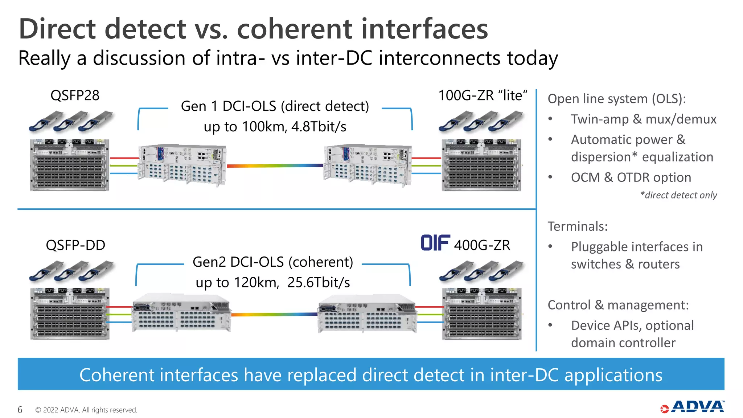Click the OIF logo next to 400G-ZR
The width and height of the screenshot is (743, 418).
pos(435,243)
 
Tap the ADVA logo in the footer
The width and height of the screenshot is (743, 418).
pos(693,407)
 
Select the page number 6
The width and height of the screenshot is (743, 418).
pos(20,410)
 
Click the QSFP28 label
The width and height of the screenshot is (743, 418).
pos(75,95)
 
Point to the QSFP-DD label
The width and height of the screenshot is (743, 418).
pos(75,245)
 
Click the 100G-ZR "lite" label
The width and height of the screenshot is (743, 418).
pos(483,95)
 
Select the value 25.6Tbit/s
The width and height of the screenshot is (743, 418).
pos(319,282)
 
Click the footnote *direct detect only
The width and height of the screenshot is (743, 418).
pos(678,195)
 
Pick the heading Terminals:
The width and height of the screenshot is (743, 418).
pos(578,226)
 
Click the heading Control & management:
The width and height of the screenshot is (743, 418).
pos(618,305)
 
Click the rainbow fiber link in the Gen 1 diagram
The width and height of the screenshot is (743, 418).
pos(275,166)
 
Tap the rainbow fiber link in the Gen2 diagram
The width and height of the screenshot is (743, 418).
pos(274,315)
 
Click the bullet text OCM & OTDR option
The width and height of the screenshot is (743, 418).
pos(631,177)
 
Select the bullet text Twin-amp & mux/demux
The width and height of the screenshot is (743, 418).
pos(644,119)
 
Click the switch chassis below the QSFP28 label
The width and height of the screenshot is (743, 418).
pos(69,165)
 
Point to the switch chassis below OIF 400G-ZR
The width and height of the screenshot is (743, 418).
pos(482,314)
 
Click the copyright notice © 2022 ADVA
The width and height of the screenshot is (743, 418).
pos(86,410)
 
